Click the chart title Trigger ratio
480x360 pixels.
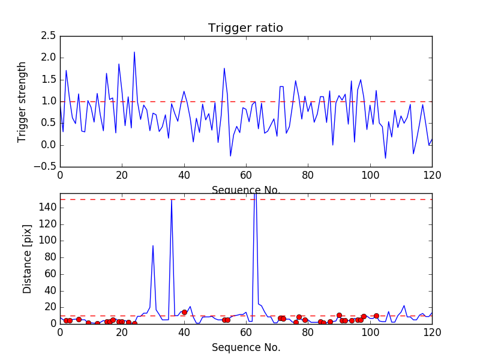coord(245,28)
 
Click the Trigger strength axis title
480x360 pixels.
coord(22,101)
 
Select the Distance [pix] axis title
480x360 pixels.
coord(28,258)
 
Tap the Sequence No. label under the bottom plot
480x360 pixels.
coord(245,347)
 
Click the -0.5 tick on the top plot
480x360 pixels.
coord(46,167)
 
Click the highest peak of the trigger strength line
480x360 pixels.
coord(134,52)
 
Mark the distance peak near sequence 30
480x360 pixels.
coord(153,245)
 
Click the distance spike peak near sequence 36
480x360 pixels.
coord(172,200)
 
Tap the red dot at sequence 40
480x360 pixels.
coord(184,312)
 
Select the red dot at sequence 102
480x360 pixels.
coord(376,316)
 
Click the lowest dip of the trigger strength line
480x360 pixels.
coord(386,158)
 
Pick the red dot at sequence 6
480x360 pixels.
coord(79,319)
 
